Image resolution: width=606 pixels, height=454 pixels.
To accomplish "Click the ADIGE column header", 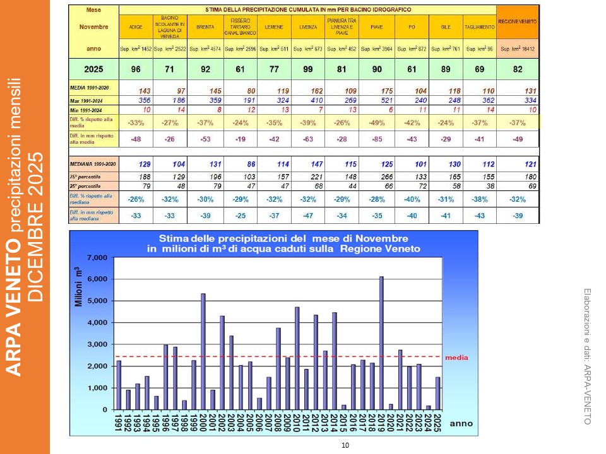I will click(x=136, y=27).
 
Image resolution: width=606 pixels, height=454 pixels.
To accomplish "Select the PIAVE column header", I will click(x=377, y=27).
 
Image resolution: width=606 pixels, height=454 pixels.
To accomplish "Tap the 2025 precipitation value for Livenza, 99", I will click(x=307, y=69).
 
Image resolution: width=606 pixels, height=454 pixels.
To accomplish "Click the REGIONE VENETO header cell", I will click(x=518, y=21).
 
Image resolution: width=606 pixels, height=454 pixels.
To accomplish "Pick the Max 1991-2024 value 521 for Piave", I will click(x=377, y=100).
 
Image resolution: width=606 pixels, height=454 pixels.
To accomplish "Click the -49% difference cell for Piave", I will click(x=377, y=122).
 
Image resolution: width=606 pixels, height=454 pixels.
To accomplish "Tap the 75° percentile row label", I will click(x=86, y=176).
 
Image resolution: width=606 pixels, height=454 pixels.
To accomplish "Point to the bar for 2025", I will click(x=438, y=393).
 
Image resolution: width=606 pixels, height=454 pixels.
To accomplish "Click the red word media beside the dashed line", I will click(x=456, y=358).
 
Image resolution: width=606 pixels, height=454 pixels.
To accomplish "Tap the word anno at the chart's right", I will click(x=460, y=424).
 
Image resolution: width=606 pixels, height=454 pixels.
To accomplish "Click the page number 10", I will click(x=345, y=446).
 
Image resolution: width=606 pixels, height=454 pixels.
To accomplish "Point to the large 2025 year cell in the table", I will click(x=93, y=69).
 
